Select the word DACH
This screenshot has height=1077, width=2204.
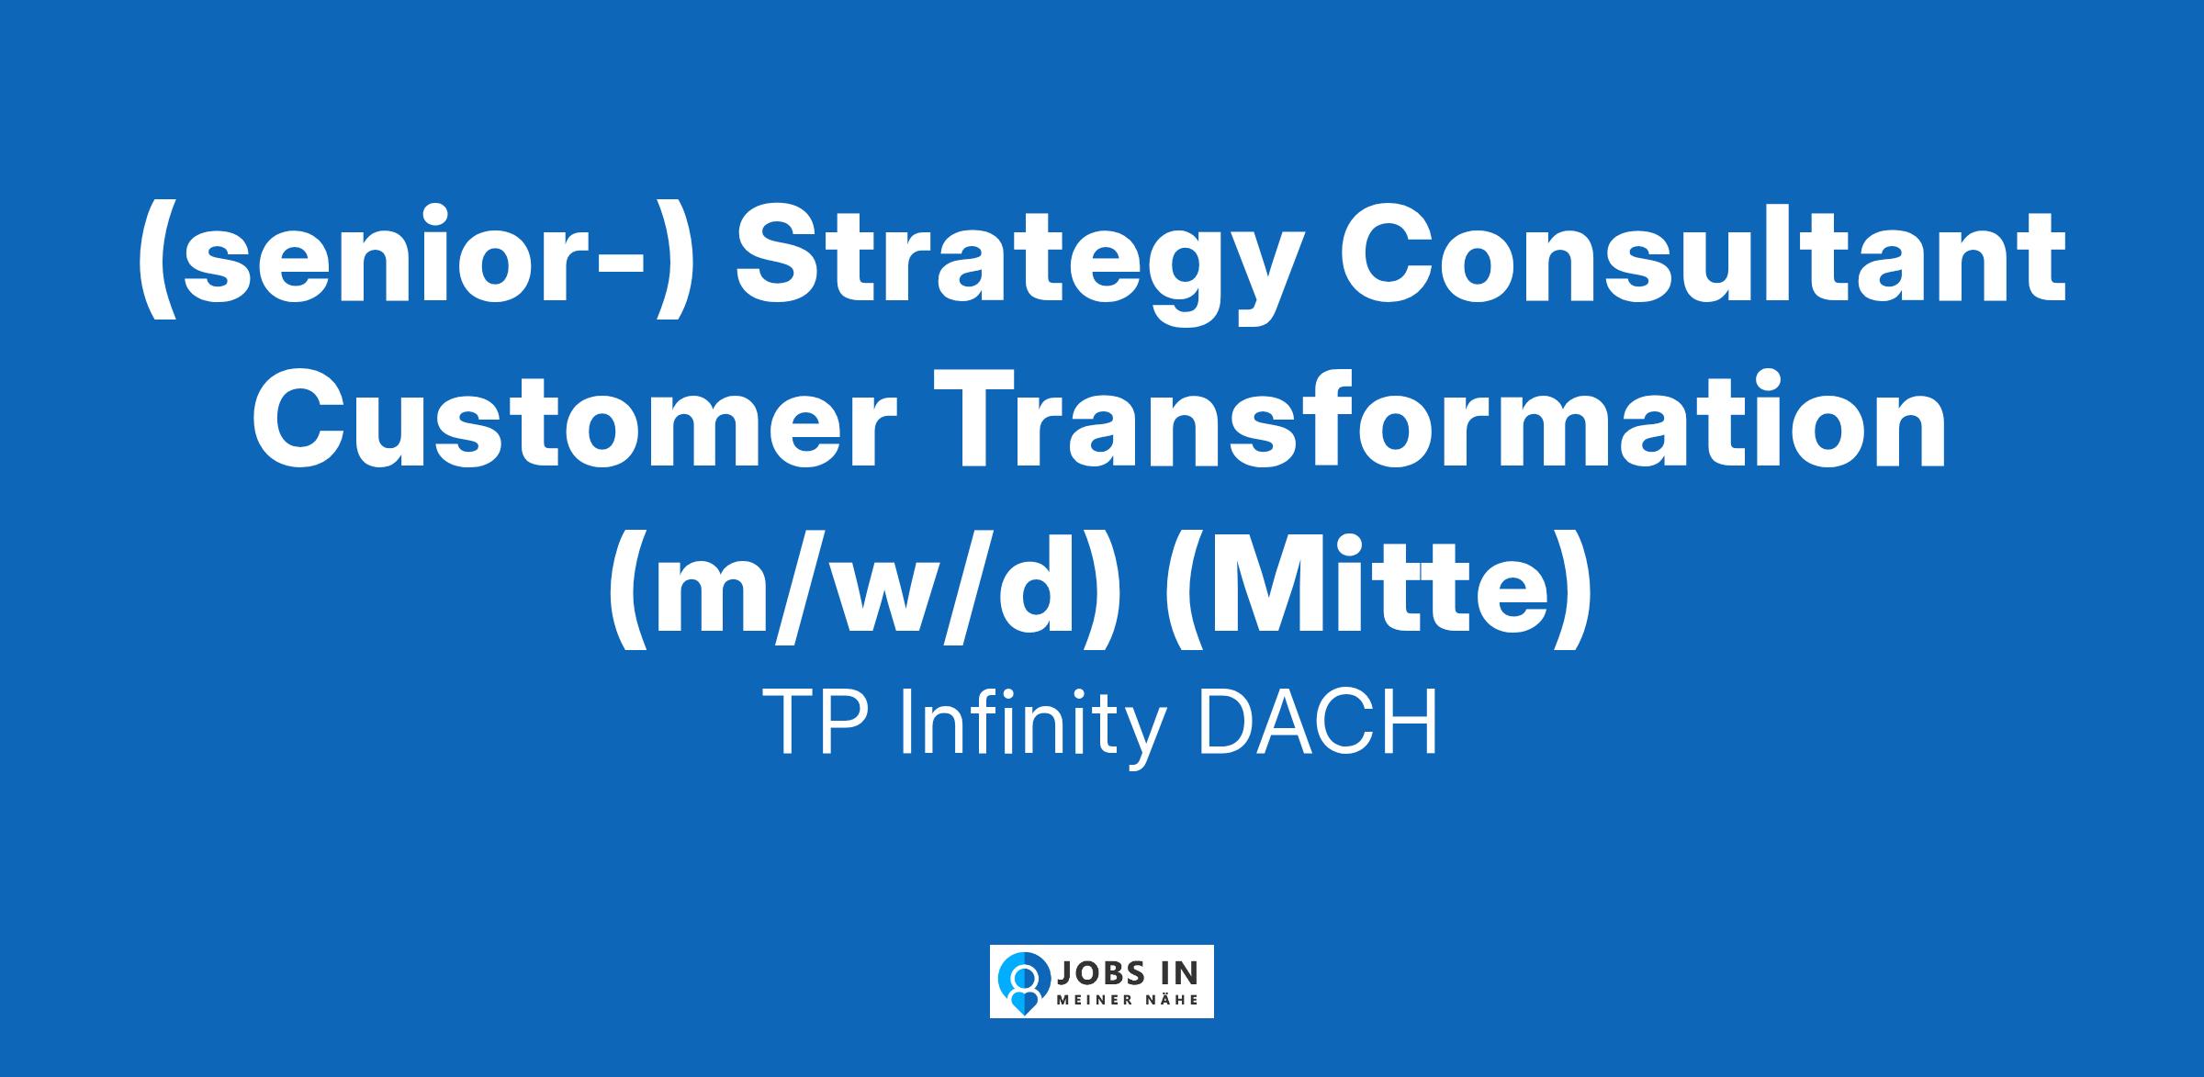click(x=1317, y=723)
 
